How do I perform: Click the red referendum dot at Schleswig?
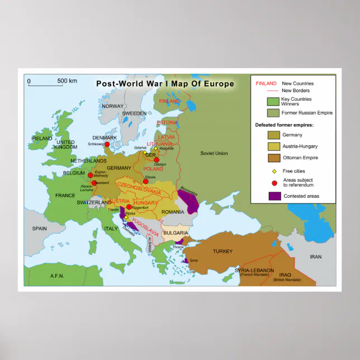[x=107, y=145]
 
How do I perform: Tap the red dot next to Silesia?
[x=146, y=181]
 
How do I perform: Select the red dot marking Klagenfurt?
[x=129, y=207]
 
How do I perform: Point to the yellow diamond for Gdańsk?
[x=145, y=152]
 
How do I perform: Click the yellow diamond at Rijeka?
[x=126, y=217]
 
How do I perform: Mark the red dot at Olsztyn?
[x=157, y=160]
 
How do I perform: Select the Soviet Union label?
[x=214, y=153]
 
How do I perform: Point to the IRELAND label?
[x=42, y=138]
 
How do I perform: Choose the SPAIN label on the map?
[x=39, y=228]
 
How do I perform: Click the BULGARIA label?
[x=176, y=233]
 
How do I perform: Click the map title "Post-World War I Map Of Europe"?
[x=165, y=84]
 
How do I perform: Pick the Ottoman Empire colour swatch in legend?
[x=274, y=158]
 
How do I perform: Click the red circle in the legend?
[x=274, y=182]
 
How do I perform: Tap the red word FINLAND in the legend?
[x=266, y=83]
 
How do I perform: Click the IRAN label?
[x=316, y=257]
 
